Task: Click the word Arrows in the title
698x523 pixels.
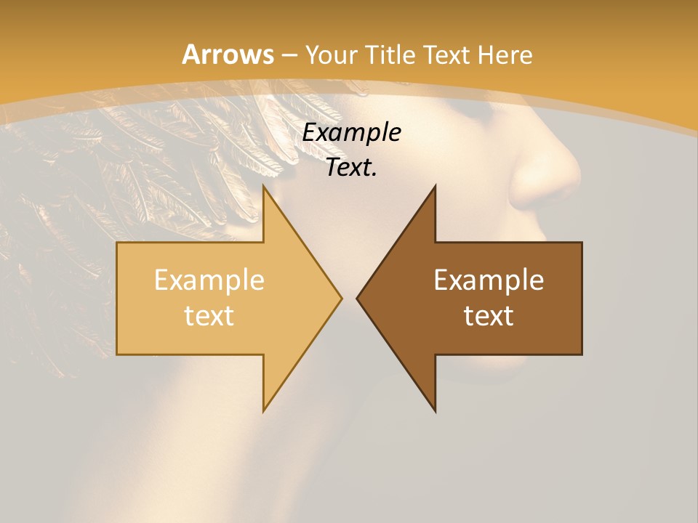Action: (228, 54)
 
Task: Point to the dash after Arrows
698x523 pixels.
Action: (289, 55)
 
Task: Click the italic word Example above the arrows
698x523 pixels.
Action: (351, 133)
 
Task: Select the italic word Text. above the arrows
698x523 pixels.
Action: (351, 168)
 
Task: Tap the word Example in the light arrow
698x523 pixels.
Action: (209, 280)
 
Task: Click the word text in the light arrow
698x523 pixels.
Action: (209, 315)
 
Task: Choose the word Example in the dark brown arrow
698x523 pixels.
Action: (489, 280)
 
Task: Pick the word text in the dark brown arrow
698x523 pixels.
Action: (489, 315)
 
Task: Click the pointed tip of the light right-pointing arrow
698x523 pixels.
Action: (341, 299)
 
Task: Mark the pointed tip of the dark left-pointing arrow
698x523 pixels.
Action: (357, 299)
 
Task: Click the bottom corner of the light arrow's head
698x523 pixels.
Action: (263, 411)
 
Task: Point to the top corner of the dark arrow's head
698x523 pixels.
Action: (435, 186)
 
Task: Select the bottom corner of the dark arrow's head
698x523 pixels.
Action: (435, 411)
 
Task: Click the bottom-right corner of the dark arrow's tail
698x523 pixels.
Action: (581, 354)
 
